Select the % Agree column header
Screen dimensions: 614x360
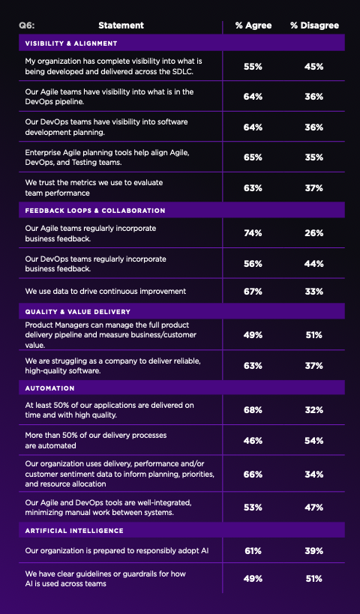(253, 25)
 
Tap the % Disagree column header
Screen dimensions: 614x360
(314, 25)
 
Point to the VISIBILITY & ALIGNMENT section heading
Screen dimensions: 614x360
(71, 43)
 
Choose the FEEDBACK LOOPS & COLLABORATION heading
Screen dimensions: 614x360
(95, 211)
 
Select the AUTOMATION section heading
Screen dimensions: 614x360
(50, 388)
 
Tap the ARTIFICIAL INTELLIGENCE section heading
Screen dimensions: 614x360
(74, 530)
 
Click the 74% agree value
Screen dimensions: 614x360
(253, 233)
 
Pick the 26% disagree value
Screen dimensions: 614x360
(314, 233)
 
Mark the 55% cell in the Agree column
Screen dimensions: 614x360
(253, 67)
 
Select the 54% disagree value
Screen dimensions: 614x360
(314, 440)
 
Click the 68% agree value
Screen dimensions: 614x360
(253, 410)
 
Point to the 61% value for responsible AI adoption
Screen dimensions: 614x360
(253, 552)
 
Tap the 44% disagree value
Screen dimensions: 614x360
(314, 264)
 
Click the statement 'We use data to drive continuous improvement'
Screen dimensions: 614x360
(106, 291)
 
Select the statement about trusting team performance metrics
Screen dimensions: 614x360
(94, 187)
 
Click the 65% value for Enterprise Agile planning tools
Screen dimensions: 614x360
(253, 157)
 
